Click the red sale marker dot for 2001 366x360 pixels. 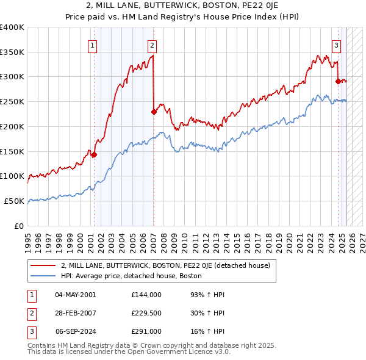(94, 155)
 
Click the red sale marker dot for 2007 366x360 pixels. (154, 112)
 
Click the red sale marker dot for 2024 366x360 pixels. (338, 81)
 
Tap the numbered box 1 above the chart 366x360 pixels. (92, 45)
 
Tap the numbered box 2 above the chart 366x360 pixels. (151, 45)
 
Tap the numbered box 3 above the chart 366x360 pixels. (336, 45)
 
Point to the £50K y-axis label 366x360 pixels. (14, 201)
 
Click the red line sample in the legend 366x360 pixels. (43, 265)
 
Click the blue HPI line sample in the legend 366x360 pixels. (43, 276)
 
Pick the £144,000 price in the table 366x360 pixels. (146, 295)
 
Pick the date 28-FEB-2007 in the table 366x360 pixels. (76, 313)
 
